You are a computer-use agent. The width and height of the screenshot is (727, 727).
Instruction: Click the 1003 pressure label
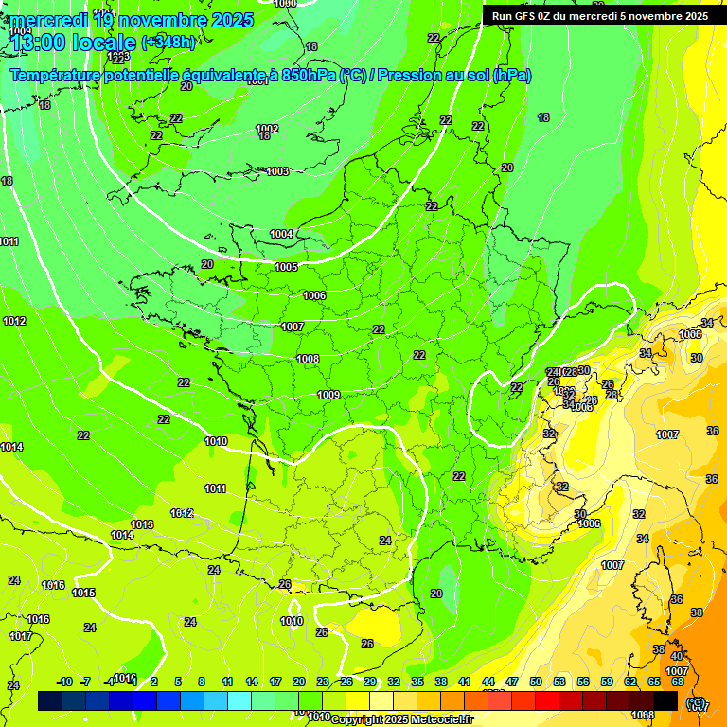coord(277,171)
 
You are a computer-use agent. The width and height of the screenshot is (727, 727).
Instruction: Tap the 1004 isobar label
coord(281,234)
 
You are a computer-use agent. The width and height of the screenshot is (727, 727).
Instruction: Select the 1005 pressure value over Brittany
coord(286,267)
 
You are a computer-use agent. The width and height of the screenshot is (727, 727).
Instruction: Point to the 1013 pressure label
coord(142,524)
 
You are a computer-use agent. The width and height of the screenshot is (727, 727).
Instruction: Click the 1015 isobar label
coord(83,593)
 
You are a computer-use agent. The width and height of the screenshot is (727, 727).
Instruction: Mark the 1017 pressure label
coord(21,636)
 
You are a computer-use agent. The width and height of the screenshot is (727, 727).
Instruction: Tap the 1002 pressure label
coord(267,129)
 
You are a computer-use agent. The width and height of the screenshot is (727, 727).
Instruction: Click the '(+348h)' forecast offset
coord(169,43)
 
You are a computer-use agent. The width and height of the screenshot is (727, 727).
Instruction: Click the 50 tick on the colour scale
coord(536,682)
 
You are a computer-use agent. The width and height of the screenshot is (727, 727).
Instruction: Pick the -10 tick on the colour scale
coord(64,682)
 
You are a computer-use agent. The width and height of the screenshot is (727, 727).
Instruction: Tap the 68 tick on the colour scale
coord(678,682)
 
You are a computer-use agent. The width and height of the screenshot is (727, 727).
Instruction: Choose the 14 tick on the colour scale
coord(252,682)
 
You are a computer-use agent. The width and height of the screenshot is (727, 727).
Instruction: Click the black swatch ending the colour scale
coord(665,700)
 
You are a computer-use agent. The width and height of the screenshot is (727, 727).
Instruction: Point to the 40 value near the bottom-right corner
coord(676,656)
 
